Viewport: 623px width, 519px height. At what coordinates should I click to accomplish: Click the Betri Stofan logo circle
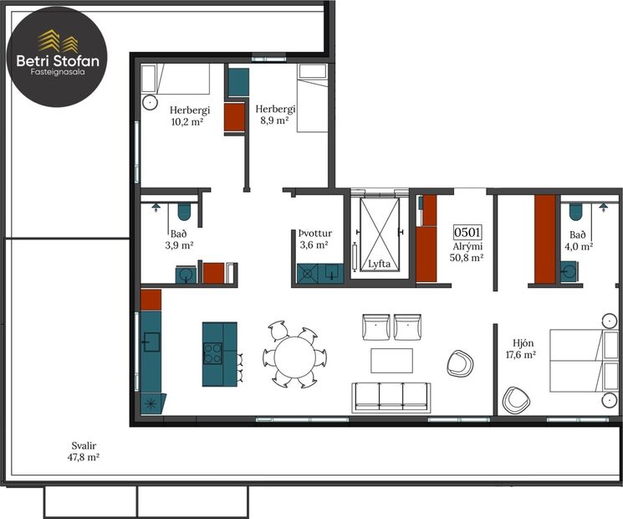(x=57, y=56)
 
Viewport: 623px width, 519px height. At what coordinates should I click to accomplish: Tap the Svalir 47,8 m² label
(x=84, y=451)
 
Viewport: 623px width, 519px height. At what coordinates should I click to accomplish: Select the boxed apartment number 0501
(x=467, y=232)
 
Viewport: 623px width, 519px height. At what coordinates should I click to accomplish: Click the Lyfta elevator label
(x=379, y=264)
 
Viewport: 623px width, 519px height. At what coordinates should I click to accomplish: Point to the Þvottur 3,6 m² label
(x=314, y=239)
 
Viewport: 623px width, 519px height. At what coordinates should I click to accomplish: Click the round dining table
(x=295, y=357)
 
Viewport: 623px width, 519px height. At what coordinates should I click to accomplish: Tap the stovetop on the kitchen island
(x=212, y=353)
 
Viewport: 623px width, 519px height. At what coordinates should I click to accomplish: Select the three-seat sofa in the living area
(x=391, y=398)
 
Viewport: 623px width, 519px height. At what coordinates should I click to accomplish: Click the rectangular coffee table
(x=391, y=361)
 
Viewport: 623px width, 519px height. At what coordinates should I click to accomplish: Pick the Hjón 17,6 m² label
(x=521, y=348)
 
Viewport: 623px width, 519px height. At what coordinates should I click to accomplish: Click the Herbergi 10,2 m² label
(x=189, y=116)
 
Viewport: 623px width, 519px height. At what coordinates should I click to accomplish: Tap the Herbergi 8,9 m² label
(x=275, y=115)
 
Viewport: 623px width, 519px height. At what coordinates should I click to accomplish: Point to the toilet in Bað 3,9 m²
(x=184, y=211)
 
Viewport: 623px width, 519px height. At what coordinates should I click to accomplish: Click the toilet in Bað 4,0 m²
(x=575, y=211)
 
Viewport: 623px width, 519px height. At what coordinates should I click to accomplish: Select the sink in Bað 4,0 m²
(x=569, y=271)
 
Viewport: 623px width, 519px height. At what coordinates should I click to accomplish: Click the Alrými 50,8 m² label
(x=467, y=252)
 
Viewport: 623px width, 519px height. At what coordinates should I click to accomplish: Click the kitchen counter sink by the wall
(x=151, y=342)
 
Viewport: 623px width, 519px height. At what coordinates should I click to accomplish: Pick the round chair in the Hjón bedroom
(x=516, y=400)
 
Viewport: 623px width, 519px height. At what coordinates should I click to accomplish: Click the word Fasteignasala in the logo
(x=58, y=72)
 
